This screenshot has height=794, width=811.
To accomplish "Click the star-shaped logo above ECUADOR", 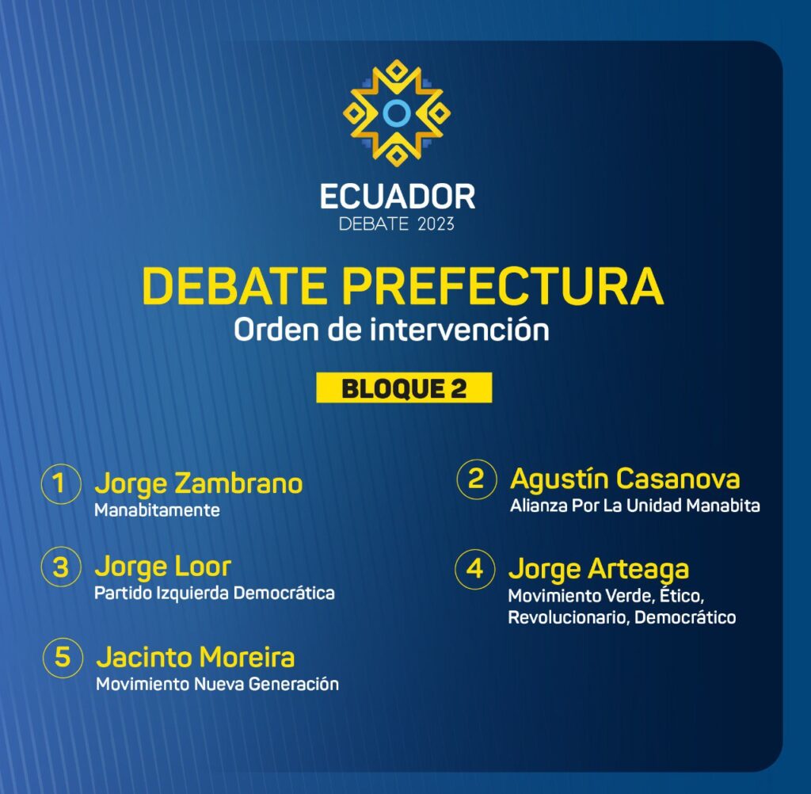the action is [397, 113].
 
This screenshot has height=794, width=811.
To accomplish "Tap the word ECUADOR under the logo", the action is [398, 197].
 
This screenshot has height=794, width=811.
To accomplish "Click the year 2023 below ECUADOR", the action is [436, 224].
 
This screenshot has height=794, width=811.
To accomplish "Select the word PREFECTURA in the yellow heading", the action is [503, 286].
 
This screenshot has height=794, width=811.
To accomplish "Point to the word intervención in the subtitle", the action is [459, 329].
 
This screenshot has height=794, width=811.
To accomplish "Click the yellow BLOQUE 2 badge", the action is [404, 387].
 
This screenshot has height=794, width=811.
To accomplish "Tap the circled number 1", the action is [61, 484].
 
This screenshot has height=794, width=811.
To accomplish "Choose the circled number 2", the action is [476, 479].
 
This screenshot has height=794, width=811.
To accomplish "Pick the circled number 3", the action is [61, 567].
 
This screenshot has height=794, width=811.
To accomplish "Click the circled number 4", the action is [475, 570].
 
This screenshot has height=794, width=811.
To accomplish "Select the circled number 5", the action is [63, 658].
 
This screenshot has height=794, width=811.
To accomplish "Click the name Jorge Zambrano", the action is [199, 484].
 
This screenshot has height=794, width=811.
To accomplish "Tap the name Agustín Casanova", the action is [625, 479].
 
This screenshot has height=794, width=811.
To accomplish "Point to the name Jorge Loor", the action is [163, 567].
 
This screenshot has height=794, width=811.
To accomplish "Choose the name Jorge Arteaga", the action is [599, 571].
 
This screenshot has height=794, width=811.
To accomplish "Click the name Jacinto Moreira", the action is [196, 658].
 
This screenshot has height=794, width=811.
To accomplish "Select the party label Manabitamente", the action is [158, 510].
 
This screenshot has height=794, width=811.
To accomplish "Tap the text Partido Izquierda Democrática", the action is [215, 594].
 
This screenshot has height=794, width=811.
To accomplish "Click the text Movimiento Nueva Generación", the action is [218, 685].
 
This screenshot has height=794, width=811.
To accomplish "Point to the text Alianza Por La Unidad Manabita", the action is [635, 506].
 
